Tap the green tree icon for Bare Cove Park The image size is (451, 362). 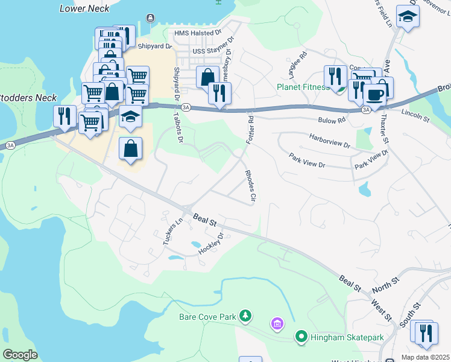coord(245,316)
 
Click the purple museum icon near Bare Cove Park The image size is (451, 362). coord(277,325)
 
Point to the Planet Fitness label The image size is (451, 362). coord(301,86)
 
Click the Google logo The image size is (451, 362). coord(20,354)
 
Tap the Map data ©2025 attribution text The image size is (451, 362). coord(424,357)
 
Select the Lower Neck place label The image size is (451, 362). coord(84,8)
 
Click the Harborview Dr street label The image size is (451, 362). coord(329,141)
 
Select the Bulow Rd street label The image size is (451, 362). coord(333,121)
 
